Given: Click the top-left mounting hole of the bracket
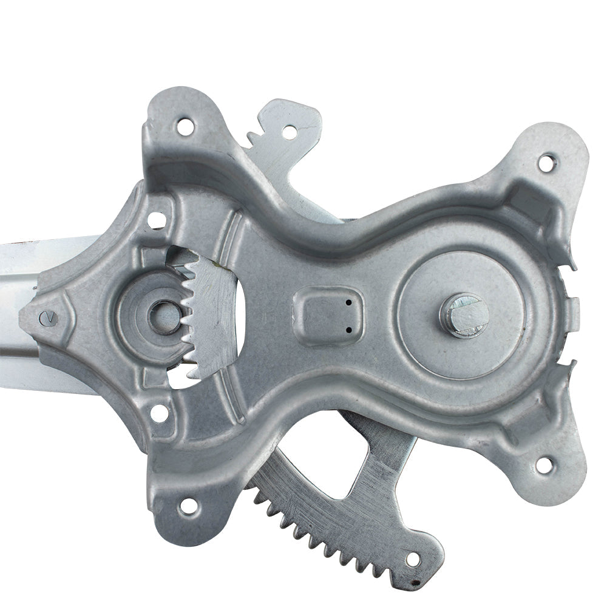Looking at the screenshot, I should (x=185, y=127).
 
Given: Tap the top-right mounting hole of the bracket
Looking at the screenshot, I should (x=546, y=162).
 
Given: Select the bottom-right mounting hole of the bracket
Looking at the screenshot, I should (x=544, y=465).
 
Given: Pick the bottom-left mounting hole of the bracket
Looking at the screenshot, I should (x=188, y=505).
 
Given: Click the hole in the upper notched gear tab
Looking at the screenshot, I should (x=290, y=132).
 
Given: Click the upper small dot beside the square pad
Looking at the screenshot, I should (x=349, y=302).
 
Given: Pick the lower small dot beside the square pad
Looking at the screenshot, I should (x=349, y=330).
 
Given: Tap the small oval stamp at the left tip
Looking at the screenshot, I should (x=47, y=316).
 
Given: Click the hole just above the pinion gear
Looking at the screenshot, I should (x=156, y=220).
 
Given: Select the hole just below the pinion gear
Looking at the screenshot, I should (x=159, y=413).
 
